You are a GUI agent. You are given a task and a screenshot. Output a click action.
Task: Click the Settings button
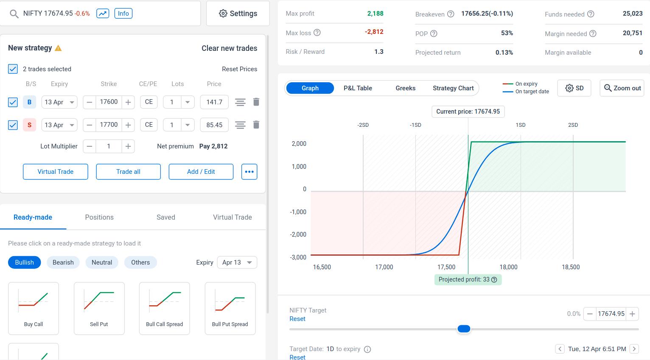point(238,14)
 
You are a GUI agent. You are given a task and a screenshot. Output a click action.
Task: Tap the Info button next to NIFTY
point(123,14)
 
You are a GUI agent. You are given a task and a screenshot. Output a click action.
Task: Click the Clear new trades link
point(229,48)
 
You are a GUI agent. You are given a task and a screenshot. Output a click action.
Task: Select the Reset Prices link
point(239,69)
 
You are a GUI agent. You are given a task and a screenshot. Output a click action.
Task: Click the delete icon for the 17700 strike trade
point(256,125)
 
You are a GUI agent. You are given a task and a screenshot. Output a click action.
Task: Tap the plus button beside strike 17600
point(128,102)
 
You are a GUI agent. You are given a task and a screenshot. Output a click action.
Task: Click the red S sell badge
point(29,125)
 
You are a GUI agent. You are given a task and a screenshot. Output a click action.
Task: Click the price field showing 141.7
point(214,102)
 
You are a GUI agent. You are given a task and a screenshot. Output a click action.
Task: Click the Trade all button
point(128,172)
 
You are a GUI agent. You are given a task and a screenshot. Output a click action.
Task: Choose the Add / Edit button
point(201,172)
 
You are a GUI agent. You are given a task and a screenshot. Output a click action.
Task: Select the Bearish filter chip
point(63,262)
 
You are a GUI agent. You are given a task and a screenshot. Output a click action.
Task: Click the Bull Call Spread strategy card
point(165,308)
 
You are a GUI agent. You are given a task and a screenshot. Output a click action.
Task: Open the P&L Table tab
point(358,88)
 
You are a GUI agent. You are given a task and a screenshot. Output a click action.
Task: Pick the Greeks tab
point(405,88)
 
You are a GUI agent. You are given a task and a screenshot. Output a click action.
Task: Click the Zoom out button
point(622,88)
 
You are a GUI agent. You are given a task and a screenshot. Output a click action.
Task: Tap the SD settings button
point(574,88)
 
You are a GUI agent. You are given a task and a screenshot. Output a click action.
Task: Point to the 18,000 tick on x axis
point(508,267)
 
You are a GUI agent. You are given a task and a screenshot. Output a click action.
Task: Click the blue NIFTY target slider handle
point(464,329)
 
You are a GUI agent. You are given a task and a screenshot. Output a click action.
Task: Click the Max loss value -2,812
point(374,32)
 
